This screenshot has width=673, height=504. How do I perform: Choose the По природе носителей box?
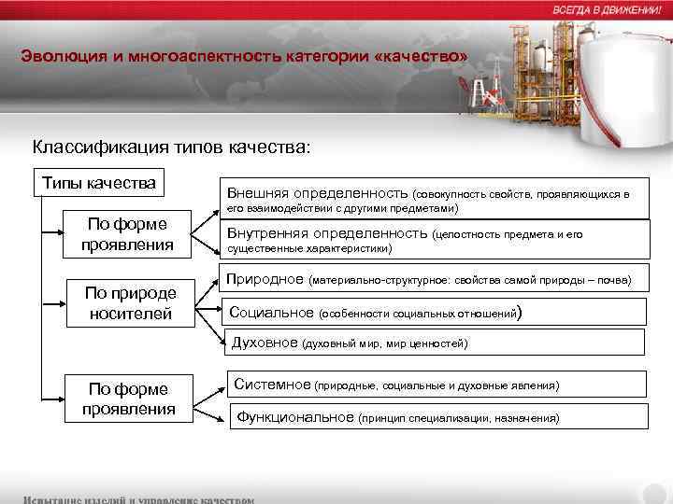[x=130, y=303]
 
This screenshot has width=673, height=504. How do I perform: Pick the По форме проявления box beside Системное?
[x=130, y=399]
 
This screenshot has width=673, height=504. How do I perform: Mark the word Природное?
[x=266, y=279]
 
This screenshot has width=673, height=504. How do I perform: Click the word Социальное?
[x=272, y=313]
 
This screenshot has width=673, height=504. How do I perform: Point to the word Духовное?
[x=264, y=343]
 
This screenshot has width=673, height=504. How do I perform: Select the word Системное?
[x=272, y=384]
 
